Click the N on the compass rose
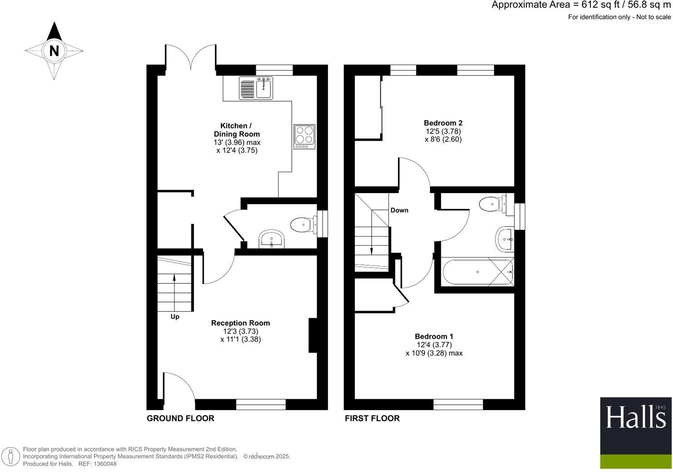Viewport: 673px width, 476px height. [54, 51]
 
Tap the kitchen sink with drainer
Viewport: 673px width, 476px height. [256, 88]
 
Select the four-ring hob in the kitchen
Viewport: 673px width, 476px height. [304, 135]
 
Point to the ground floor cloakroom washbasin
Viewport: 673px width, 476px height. [271, 239]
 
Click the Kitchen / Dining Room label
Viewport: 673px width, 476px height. [237, 130]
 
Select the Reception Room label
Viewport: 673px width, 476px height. [240, 323]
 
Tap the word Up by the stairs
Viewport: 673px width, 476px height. [175, 317]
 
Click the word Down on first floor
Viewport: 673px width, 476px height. [399, 210]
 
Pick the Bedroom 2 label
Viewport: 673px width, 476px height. [443, 123]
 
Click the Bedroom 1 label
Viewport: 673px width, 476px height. [434, 337]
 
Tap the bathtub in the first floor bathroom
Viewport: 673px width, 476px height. [478, 272]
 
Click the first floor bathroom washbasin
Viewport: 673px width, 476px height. [505, 238]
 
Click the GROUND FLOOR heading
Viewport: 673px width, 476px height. [180, 418]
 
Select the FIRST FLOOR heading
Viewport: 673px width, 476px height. [372, 418]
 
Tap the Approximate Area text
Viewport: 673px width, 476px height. [581, 5]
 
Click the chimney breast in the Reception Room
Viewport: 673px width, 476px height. [313, 335]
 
